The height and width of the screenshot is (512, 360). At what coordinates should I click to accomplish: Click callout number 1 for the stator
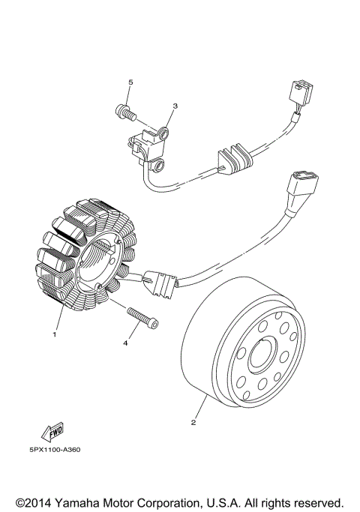pos(54,335)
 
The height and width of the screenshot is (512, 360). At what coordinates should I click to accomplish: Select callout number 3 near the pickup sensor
pos(175,106)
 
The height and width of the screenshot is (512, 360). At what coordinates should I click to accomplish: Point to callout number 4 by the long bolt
pos(125,343)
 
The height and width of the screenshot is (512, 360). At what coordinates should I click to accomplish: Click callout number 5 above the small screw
pos(130,81)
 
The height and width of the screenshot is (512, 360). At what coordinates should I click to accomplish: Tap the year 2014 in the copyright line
pos(40,501)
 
